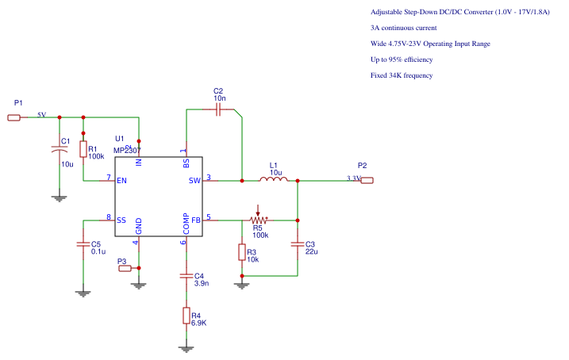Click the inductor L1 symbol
tap(275, 180)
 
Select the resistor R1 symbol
tap(83, 149)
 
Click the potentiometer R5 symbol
tap(258, 219)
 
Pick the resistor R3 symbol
tap(242, 252)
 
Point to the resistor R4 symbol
tap(186, 316)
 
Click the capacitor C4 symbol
tap(186, 276)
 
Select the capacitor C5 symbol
tap(83, 245)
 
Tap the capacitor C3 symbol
tap(298, 245)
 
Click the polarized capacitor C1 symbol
tap(58, 148)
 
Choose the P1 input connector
tap(14, 117)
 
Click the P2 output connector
tap(366, 180)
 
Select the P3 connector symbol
tap(125, 269)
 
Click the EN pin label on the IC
tap(121, 181)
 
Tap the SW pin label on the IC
tap(194, 181)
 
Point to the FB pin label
tap(195, 220)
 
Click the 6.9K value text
tap(198, 323)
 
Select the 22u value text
tap(311, 251)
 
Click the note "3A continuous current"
tap(403, 28)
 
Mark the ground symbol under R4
tap(186, 348)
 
